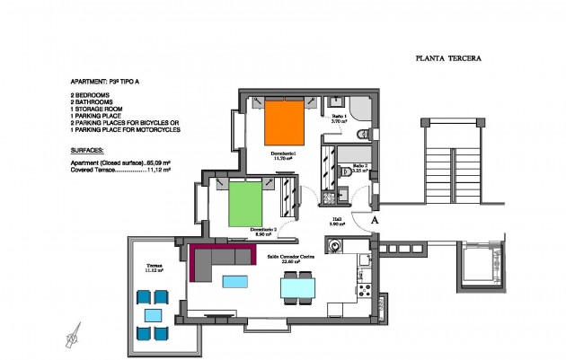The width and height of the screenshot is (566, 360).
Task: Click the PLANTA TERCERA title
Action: tap(448, 57)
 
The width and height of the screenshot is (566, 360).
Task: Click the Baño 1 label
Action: tap(339, 119)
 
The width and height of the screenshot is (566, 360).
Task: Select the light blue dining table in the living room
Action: tap(297, 288)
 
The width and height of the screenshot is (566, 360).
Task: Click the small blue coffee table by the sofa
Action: tap(234, 282)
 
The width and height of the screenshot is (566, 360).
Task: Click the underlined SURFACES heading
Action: tap(86, 151)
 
